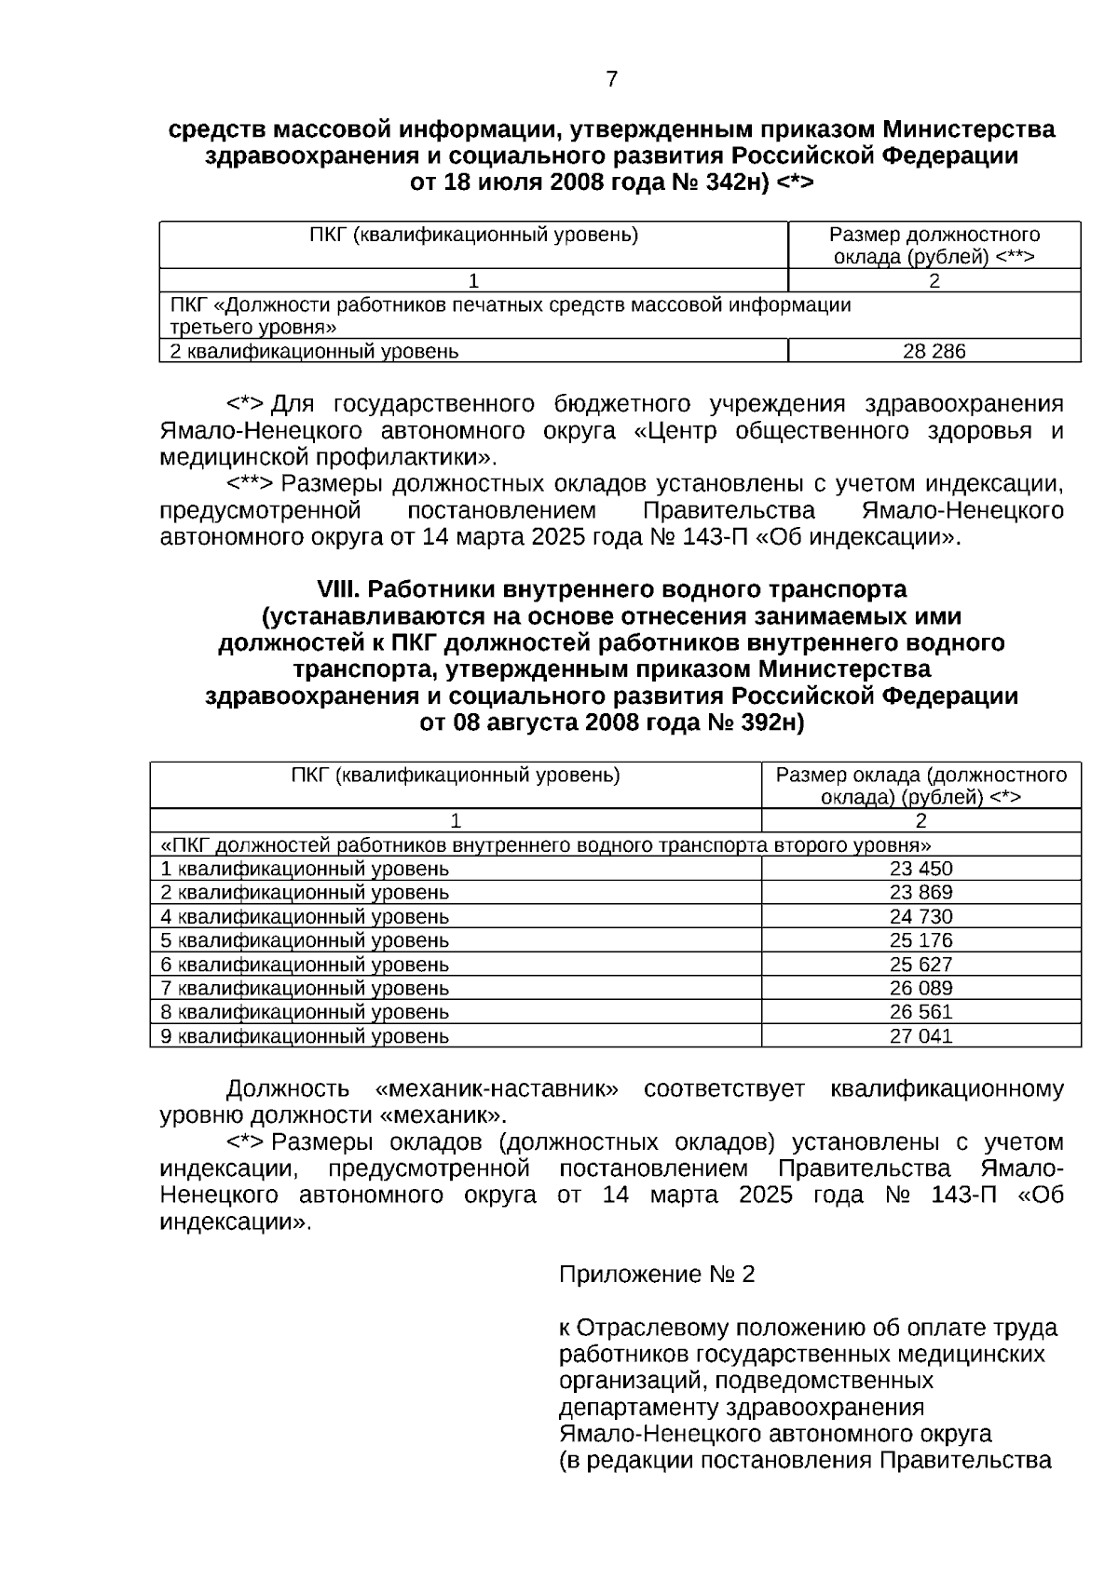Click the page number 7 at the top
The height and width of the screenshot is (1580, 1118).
(x=611, y=79)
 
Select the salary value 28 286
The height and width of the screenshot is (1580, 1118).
(x=934, y=351)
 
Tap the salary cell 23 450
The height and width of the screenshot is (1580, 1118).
(x=920, y=869)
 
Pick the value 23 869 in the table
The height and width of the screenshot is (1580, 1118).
(x=920, y=892)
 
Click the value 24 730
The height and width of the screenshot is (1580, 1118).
(x=920, y=916)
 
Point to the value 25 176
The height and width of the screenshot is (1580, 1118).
(x=920, y=940)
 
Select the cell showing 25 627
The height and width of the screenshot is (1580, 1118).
(x=920, y=965)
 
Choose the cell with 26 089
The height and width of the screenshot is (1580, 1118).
(x=920, y=988)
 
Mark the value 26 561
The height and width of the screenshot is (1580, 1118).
(x=920, y=1012)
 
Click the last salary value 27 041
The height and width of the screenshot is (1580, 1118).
(x=920, y=1036)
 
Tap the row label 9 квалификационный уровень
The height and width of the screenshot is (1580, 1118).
(x=305, y=1036)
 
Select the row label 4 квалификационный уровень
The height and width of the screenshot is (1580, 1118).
(x=305, y=916)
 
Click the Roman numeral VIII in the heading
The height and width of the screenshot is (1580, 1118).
(x=338, y=589)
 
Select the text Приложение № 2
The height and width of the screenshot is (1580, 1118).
(x=657, y=1275)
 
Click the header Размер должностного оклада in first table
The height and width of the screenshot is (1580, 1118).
(x=934, y=246)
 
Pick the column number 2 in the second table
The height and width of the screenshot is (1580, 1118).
(x=920, y=821)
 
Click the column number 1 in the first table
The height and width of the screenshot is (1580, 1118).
(x=473, y=281)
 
